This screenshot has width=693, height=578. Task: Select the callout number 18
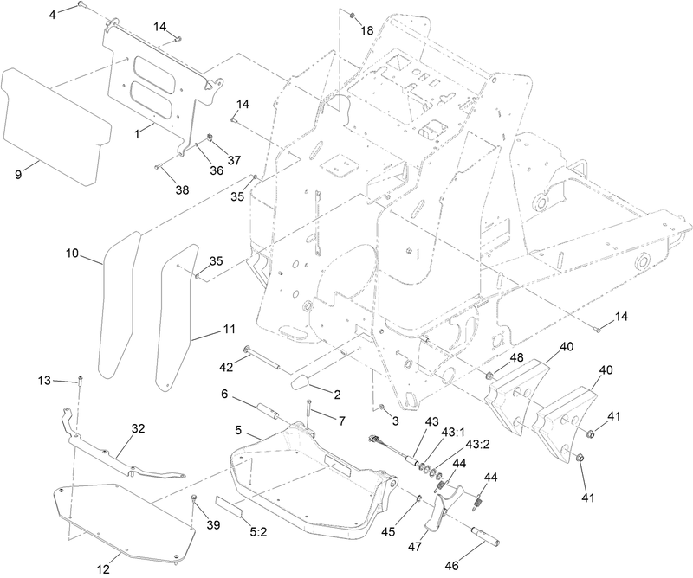pyautogui.click(x=367, y=30)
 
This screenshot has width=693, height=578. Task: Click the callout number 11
pyautogui.click(x=229, y=330)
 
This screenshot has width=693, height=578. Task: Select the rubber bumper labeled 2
pyautogui.click(x=307, y=381)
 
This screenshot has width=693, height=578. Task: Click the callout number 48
pyautogui.click(x=516, y=358)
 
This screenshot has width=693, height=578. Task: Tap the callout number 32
pyautogui.click(x=139, y=428)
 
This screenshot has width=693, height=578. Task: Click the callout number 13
pyautogui.click(x=44, y=380)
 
